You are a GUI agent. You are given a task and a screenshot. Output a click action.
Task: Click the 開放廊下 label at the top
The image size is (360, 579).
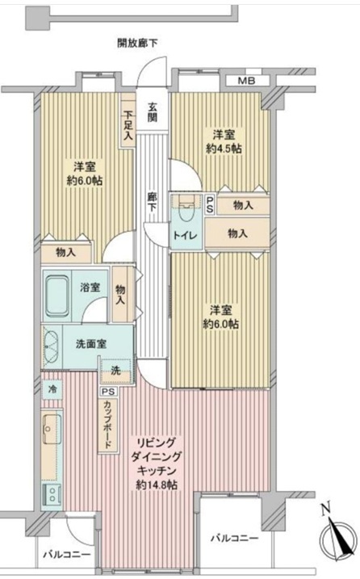coord(137,44)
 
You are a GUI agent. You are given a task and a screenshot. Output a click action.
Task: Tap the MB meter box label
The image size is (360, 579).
coord(246,81)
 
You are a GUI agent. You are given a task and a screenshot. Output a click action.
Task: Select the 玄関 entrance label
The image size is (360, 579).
coord(153,112)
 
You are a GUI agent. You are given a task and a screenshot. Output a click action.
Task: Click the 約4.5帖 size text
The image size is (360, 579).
coord(224,149)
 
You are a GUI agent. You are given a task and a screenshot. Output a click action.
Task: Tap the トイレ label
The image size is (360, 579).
coord(186,235)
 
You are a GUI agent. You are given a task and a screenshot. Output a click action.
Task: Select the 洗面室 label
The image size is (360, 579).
coord(91,344)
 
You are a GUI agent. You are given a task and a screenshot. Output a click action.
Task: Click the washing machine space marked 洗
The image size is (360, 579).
coord(115,371)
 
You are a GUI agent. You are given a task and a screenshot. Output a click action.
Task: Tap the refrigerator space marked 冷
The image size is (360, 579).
coord(52,389)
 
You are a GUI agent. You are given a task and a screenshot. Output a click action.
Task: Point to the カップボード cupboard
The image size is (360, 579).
coord(108,424)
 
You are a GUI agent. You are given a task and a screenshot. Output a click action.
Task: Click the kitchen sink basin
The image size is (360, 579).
coord(52,429)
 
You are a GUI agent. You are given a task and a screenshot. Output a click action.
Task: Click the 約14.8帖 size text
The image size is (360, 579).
coord(157,485)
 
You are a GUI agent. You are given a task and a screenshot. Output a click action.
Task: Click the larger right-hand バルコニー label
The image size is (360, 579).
coord(234,539)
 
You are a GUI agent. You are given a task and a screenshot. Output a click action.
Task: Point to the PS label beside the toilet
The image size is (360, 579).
coord(210,204)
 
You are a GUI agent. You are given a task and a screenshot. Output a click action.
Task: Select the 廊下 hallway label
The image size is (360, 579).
coord(152,203)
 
